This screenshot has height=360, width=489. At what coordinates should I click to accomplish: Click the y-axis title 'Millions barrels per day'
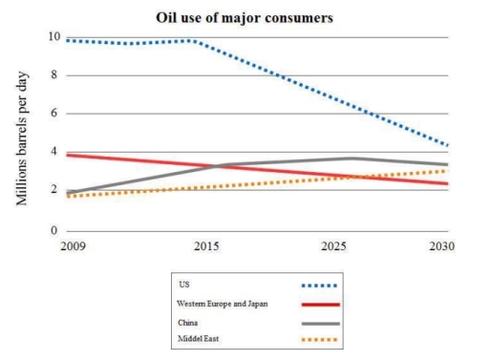20,134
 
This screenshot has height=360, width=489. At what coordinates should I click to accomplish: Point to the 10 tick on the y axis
53,37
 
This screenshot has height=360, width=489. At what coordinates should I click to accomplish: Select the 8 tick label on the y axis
55,75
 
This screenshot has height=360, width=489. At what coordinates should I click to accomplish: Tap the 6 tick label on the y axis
55,114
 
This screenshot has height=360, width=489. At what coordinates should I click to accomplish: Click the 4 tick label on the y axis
55,153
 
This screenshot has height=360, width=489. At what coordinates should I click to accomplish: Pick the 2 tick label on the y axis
55,192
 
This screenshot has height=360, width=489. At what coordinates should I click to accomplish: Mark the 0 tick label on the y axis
55,230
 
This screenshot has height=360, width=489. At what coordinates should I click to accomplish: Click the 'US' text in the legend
182,285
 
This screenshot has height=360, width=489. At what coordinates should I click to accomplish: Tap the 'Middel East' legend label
196,339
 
